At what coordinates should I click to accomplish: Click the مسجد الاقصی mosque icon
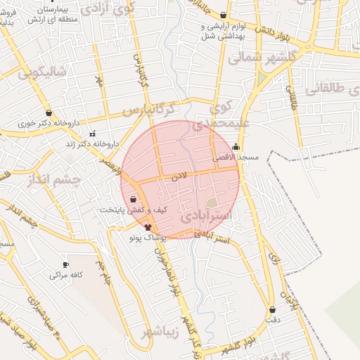point(236,147)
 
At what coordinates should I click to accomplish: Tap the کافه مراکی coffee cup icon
point(66,265)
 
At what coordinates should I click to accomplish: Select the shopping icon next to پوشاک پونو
point(148,227)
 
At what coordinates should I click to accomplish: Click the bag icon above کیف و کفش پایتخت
point(134,200)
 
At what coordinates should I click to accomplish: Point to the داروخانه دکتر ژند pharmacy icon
point(92,134)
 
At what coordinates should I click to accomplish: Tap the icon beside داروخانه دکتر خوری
point(49,112)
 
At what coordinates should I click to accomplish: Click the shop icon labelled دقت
point(272,309)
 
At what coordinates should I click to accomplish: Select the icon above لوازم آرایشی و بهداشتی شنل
point(223,15)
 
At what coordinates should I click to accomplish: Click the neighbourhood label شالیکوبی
point(41,71)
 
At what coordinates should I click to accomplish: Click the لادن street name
point(180,179)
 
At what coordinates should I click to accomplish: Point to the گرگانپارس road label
point(146,109)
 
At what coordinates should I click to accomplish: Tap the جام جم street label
point(103,270)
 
